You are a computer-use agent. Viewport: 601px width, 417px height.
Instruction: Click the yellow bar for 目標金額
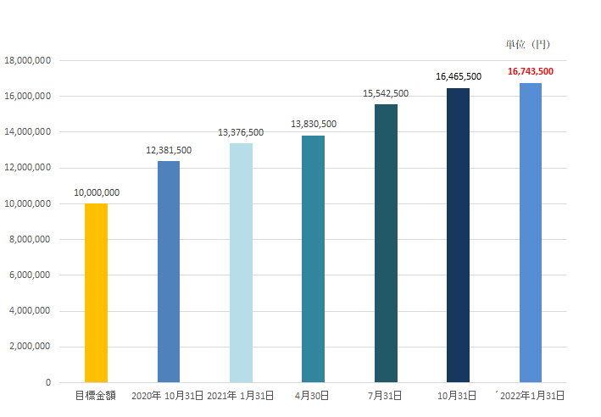(x=96, y=292)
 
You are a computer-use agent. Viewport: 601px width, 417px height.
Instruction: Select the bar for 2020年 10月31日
(x=169, y=271)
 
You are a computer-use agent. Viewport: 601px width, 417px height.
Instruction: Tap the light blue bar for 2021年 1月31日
(x=241, y=263)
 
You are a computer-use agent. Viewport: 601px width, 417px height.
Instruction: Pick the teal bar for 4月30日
(x=314, y=259)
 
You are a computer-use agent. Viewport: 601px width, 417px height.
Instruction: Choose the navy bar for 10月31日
(x=458, y=235)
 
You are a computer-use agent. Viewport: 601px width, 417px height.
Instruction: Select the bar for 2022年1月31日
(x=531, y=232)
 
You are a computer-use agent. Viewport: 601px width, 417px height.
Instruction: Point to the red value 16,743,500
(x=531, y=72)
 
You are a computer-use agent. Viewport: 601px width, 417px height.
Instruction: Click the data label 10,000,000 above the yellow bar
(x=96, y=192)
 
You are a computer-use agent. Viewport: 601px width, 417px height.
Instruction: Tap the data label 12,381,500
(x=169, y=150)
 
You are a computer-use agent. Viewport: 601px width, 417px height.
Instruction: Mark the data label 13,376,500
(x=241, y=132)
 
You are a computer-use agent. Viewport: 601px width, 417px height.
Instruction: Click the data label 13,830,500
(x=314, y=124)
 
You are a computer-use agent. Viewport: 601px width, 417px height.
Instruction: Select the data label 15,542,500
(x=386, y=93)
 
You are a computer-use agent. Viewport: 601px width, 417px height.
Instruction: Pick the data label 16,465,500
(x=459, y=76)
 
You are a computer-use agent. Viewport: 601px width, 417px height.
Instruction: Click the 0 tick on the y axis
(x=47, y=382)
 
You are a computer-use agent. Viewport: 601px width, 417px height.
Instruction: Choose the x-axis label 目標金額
(x=96, y=396)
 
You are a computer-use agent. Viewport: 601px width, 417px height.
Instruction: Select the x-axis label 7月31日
(x=386, y=396)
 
